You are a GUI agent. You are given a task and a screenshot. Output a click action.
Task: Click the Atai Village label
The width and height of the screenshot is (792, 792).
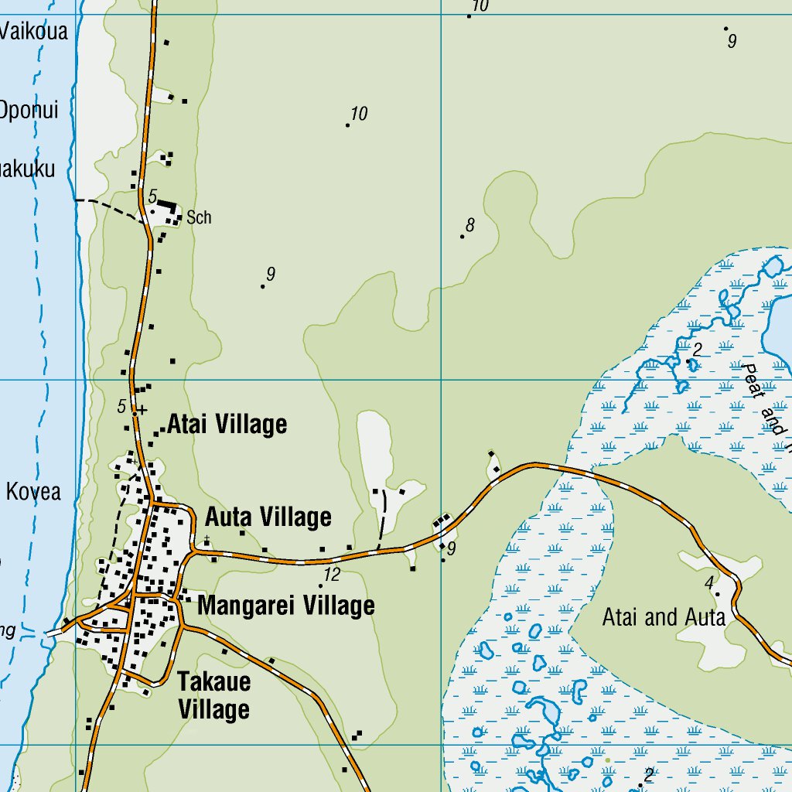(227, 424)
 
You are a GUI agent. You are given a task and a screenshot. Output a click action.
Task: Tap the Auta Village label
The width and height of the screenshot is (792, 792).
(268, 517)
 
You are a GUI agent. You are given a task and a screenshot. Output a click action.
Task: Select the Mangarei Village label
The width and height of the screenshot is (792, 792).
(285, 606)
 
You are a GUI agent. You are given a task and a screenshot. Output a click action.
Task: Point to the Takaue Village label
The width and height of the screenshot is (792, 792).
(213, 695)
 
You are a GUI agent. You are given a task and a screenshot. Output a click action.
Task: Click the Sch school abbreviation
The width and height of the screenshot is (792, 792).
(199, 218)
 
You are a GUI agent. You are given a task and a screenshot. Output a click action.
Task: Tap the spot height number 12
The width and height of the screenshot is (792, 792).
(332, 575)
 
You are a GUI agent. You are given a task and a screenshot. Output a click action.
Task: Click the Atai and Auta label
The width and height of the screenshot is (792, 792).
(664, 617)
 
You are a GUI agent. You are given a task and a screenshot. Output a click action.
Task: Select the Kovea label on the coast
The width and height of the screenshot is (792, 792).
(33, 491)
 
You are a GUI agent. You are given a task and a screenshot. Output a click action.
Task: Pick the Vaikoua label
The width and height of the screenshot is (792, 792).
(34, 32)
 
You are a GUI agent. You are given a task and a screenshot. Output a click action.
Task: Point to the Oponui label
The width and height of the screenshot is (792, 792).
(29, 110)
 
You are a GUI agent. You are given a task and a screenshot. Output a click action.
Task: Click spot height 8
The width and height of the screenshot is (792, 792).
(469, 226)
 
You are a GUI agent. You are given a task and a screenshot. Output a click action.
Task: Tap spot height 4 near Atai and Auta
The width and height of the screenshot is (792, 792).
(708, 582)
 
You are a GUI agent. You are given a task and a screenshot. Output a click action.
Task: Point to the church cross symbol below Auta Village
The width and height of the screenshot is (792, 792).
(207, 538)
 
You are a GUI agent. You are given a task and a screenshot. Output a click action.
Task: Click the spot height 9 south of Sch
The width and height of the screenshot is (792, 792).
(270, 274)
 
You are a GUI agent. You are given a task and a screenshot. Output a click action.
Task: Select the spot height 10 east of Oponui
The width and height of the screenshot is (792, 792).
(358, 114)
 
